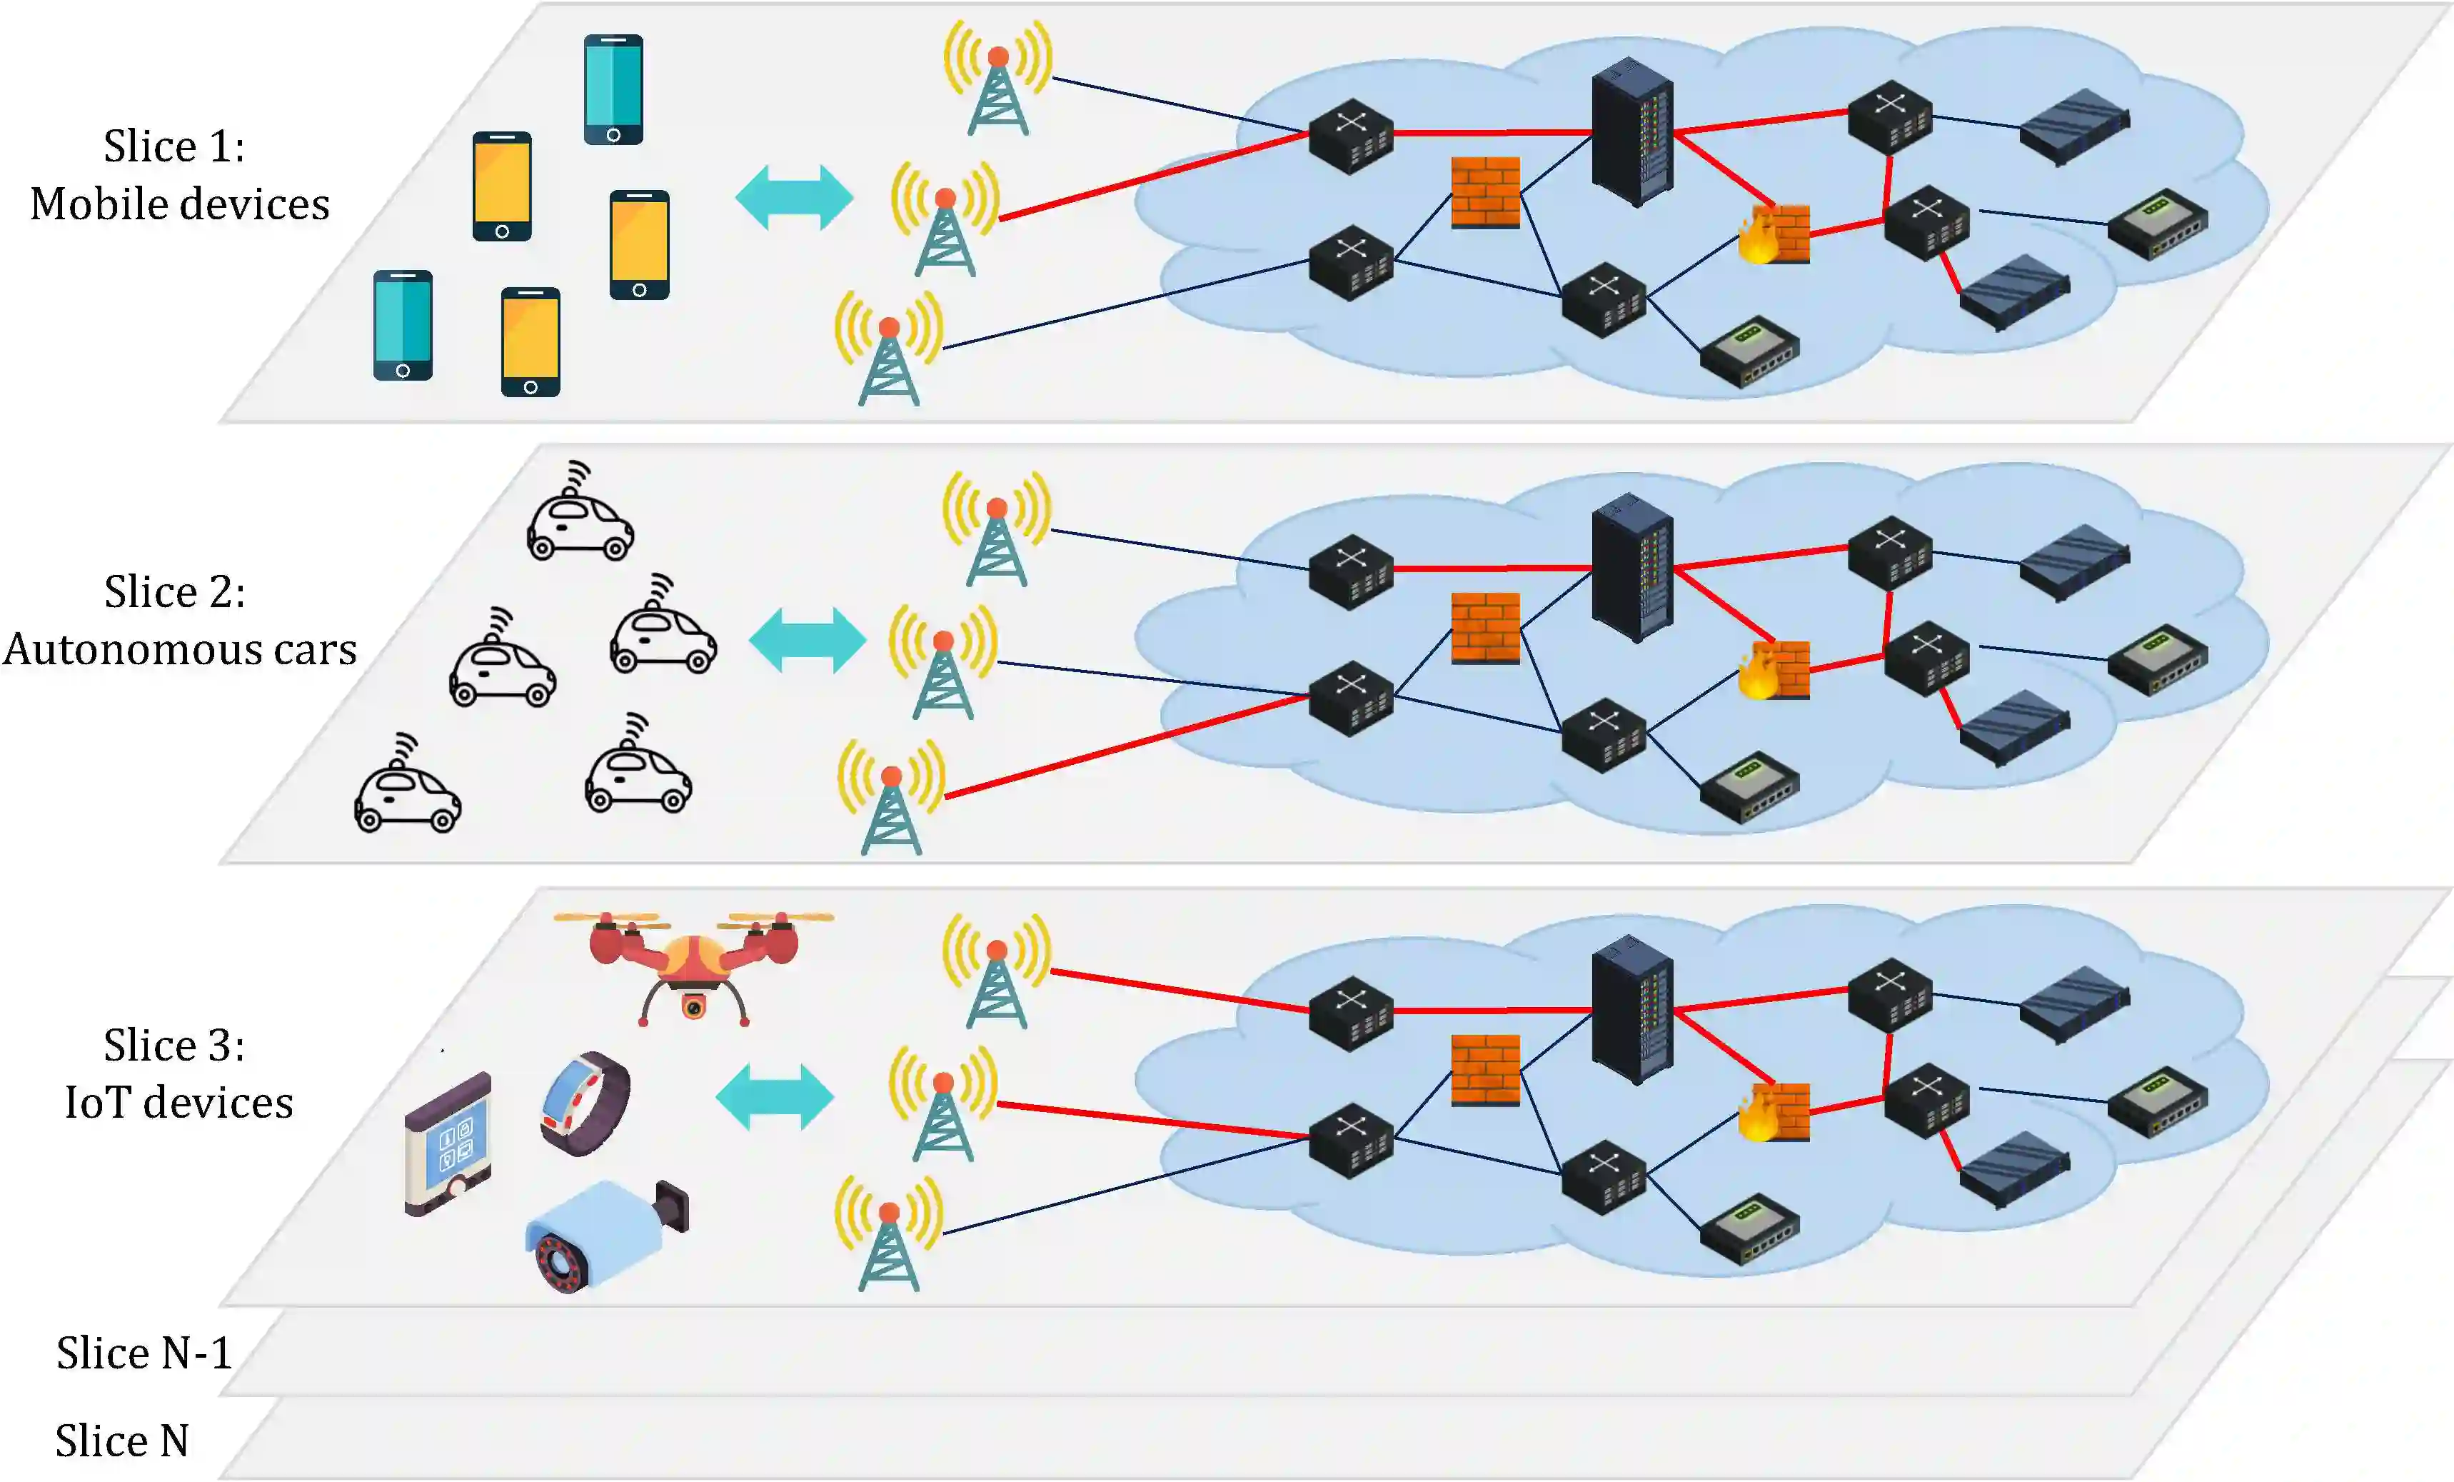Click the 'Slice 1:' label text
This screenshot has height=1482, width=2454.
[x=174, y=146]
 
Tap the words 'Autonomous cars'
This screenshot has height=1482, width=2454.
[x=179, y=649]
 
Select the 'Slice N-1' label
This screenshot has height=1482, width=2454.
[x=144, y=1353]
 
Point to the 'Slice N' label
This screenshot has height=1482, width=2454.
[x=121, y=1440]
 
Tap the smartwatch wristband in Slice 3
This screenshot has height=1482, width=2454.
[x=585, y=1103]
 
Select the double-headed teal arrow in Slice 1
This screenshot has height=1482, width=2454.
[x=794, y=197]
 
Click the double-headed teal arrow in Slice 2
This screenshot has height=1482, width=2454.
[x=807, y=641]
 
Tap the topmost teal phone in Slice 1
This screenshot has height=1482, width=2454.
[x=613, y=90]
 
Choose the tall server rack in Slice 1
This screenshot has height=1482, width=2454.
[x=1631, y=131]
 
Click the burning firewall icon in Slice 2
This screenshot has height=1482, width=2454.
[x=1773, y=669]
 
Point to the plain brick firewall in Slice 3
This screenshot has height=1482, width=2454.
[x=1485, y=1070]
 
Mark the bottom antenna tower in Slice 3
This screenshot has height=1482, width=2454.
[x=888, y=1235]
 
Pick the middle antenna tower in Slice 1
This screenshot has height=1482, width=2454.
[x=944, y=221]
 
